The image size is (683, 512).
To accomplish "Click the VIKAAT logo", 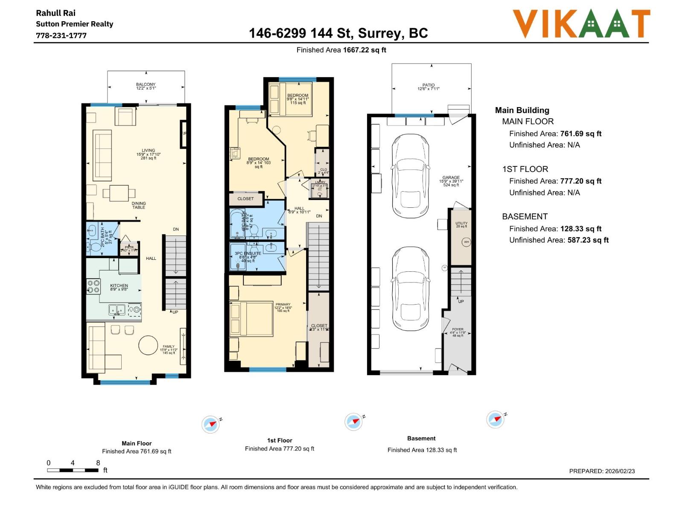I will [x=581, y=24].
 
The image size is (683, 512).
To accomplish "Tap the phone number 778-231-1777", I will [x=61, y=35].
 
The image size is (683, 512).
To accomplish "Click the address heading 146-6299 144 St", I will [x=338, y=33].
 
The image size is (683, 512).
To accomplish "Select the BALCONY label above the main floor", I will [x=146, y=84].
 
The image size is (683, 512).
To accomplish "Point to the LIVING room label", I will [x=149, y=151].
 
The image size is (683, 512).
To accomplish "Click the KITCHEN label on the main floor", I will [x=119, y=286].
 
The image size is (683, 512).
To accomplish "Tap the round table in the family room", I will [x=148, y=345].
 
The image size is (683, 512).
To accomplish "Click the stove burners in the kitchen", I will [x=93, y=286].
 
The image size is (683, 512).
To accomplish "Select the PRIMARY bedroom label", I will [x=283, y=305].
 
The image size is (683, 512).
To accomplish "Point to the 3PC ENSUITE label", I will [x=248, y=253].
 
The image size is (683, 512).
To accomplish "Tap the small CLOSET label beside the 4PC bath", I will [x=245, y=199].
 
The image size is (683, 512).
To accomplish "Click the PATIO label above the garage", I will [x=429, y=85].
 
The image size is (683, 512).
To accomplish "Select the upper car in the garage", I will [x=410, y=176].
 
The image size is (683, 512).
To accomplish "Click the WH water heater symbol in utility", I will [x=466, y=242].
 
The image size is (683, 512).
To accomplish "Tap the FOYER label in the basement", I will [x=458, y=329].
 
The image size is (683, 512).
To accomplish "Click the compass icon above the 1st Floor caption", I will [x=353, y=422].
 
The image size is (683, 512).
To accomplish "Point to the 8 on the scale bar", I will [x=98, y=463].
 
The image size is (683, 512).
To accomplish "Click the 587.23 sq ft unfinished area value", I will [x=588, y=240].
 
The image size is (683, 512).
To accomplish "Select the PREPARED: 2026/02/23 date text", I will [x=602, y=471].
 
